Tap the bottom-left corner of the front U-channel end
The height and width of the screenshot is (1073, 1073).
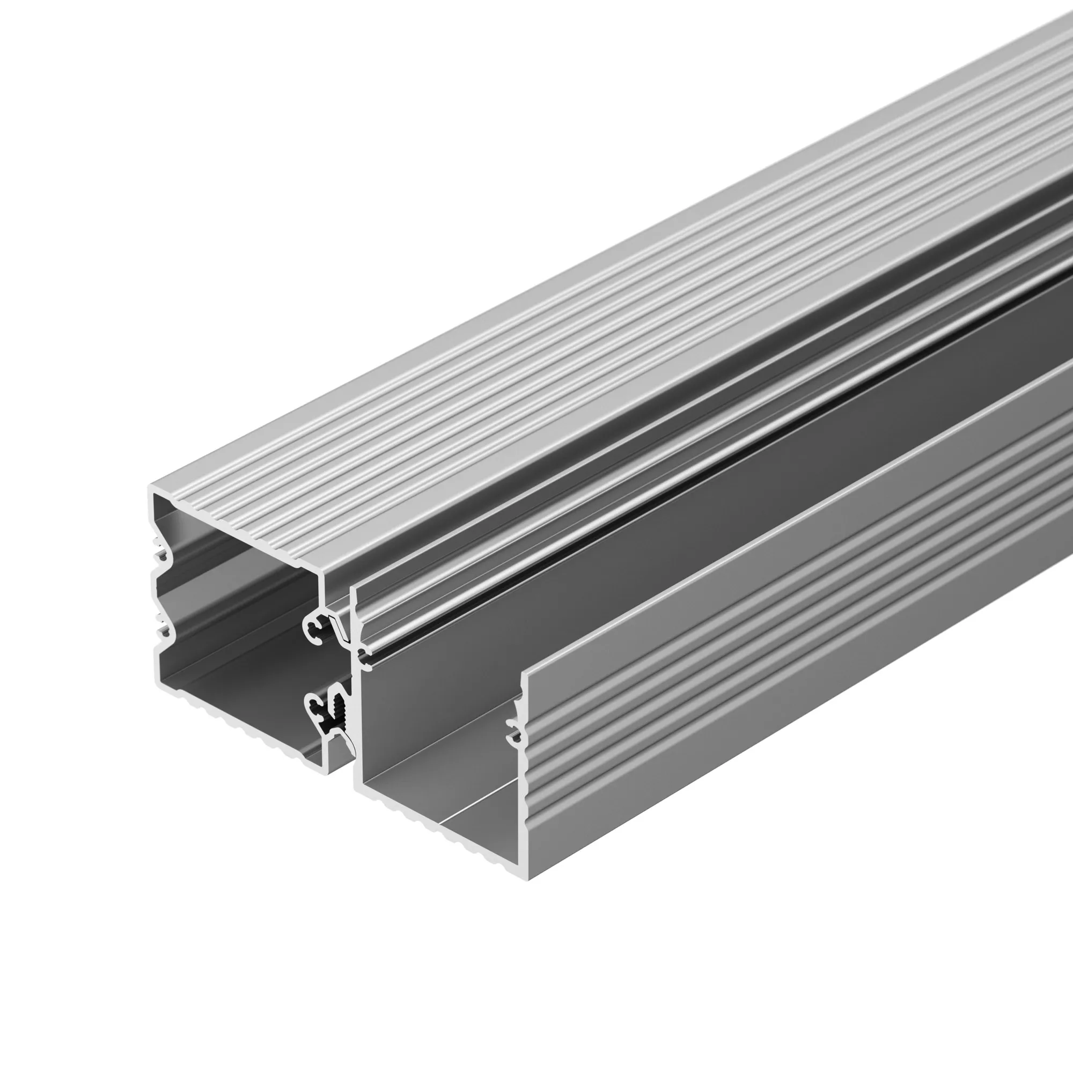359,787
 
